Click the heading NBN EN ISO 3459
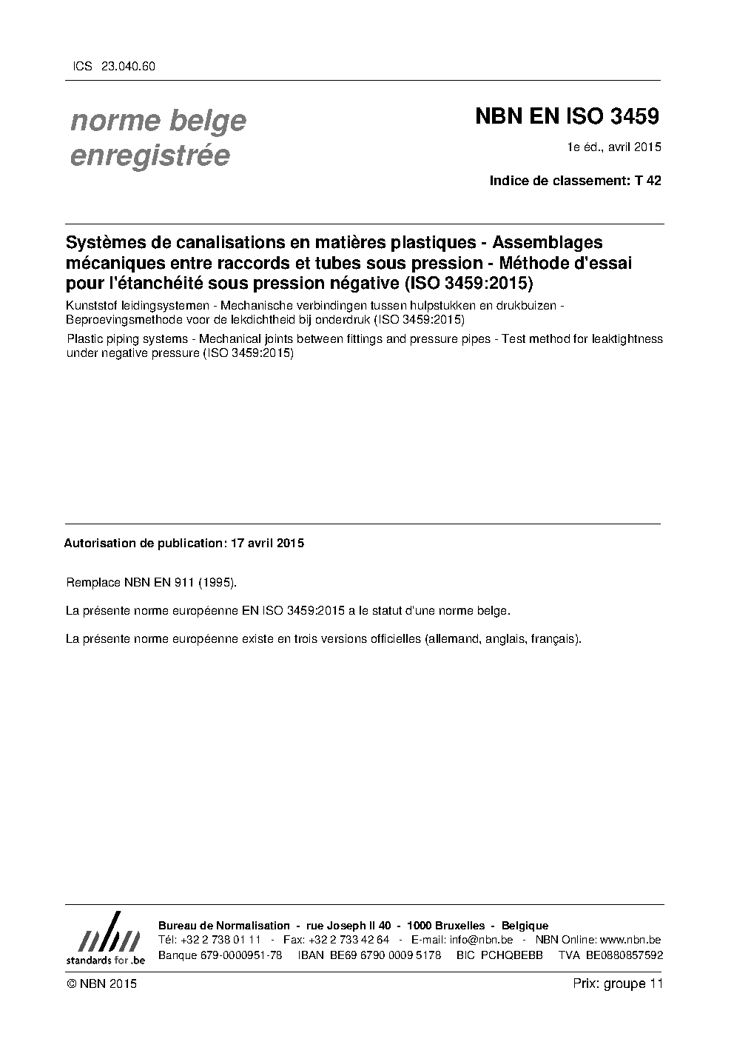click(x=566, y=116)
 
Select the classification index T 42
click(x=647, y=180)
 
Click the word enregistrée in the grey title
click(x=149, y=156)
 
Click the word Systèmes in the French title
click(x=104, y=243)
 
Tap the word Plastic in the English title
click(x=86, y=339)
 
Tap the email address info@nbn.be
click(x=481, y=940)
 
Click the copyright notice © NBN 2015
click(x=101, y=983)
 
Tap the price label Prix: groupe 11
click(x=617, y=983)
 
